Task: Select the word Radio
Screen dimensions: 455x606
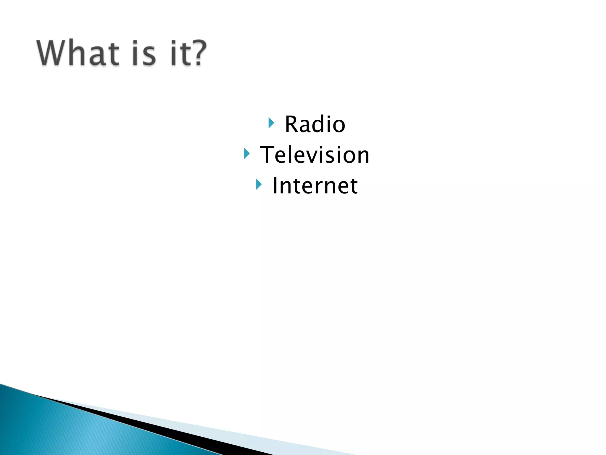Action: [315, 124]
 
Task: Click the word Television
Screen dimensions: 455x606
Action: [315, 155]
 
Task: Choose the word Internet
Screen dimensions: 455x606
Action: [315, 186]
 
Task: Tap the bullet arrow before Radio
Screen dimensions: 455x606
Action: [271, 123]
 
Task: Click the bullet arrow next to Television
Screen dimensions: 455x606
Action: [246, 154]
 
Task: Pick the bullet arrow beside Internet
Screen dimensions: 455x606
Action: [259, 185]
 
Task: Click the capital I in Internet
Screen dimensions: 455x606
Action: [275, 186]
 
